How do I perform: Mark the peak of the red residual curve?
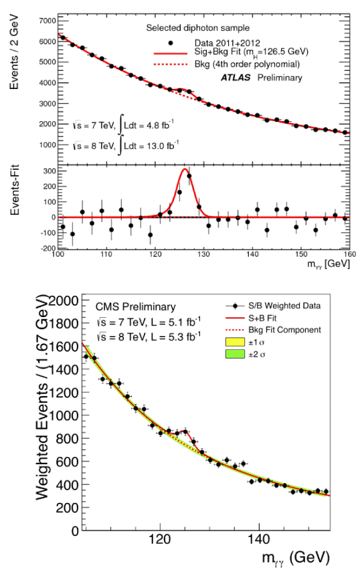185,169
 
